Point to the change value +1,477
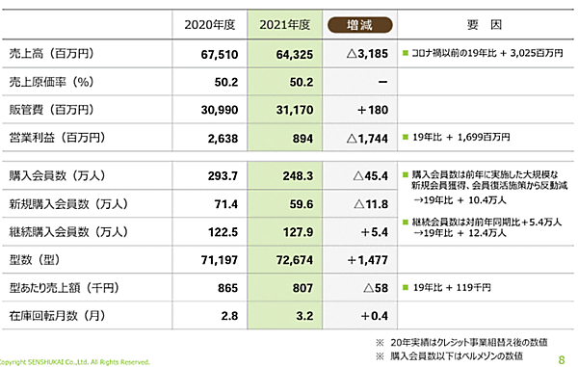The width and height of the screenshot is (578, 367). [x=367, y=260]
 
